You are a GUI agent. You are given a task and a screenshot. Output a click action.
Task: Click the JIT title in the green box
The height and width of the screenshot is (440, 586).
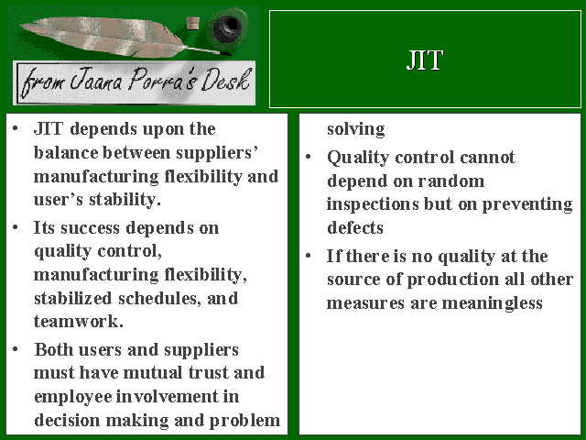(x=425, y=60)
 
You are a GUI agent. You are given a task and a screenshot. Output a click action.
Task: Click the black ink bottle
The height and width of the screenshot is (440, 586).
(x=227, y=27)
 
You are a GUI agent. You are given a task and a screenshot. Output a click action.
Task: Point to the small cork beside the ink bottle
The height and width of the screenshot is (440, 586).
(x=192, y=24)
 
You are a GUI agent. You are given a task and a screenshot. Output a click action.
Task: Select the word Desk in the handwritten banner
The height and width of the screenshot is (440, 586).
(x=226, y=80)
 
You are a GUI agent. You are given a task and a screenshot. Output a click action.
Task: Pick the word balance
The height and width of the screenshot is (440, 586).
(x=66, y=153)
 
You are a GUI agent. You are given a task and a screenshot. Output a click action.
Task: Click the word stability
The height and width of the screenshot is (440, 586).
(x=125, y=200)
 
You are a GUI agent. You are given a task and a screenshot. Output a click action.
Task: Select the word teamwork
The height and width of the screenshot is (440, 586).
(x=79, y=322)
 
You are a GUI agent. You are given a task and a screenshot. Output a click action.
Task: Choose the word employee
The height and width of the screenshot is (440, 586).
(x=73, y=397)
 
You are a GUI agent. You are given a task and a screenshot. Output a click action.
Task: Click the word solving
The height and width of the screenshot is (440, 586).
(x=356, y=129)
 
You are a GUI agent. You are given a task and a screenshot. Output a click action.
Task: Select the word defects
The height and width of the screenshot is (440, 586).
(x=355, y=228)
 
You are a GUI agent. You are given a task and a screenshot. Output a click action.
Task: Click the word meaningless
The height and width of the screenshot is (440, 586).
(x=493, y=303)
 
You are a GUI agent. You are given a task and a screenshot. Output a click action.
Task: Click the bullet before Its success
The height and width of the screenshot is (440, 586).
(x=15, y=227)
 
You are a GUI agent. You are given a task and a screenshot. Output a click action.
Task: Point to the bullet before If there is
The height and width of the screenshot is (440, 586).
(x=308, y=256)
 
